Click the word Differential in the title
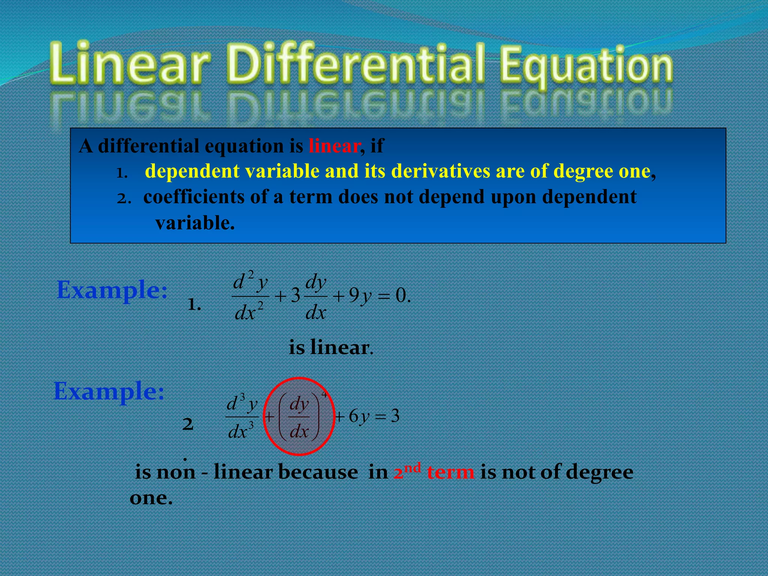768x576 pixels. tap(354, 64)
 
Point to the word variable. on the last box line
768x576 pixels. tap(195, 223)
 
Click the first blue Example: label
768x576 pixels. tap(112, 291)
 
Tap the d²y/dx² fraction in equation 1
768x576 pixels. tap(250, 296)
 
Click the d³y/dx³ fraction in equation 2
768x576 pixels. tap(242, 417)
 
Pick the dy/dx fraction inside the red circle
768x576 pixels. tap(299, 417)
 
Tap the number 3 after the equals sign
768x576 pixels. tap(395, 416)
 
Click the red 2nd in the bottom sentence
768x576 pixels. tap(407, 471)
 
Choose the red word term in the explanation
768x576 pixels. tap(450, 472)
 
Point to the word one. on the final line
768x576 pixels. tap(151, 498)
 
